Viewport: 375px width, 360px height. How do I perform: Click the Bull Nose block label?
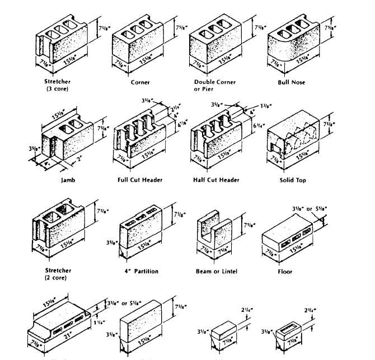coord(291,82)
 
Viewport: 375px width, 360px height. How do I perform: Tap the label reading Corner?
coord(140,82)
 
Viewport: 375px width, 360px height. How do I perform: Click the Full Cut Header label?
coord(140,180)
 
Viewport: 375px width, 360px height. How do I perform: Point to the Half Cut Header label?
coord(216,180)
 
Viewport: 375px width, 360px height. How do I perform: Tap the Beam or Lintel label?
coord(217,271)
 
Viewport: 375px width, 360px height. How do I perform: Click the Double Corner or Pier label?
coord(214,86)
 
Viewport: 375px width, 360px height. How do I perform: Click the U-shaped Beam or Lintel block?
coord(215,232)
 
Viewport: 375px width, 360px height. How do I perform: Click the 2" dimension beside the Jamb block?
coord(79,158)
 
